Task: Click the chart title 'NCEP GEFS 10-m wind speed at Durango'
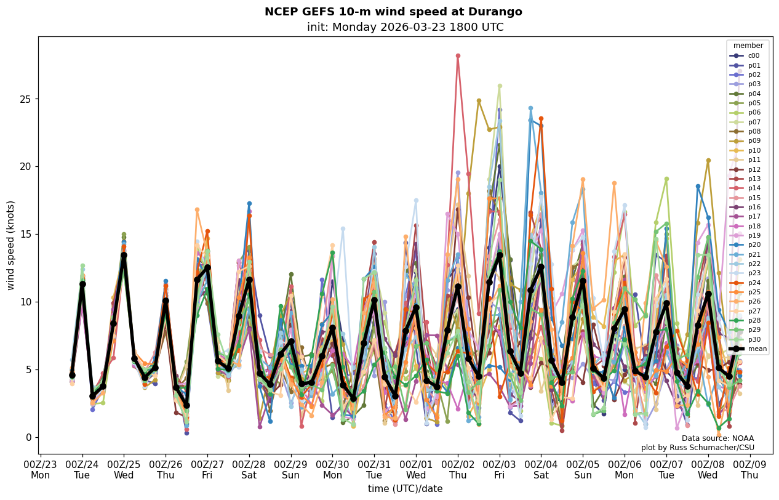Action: coord(393,12)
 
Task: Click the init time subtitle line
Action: coord(405,28)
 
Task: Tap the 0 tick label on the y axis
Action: coord(28,438)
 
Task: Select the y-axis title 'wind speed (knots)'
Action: coord(11,245)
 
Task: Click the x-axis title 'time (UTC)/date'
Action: coord(405,489)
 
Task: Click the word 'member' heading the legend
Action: coord(748,46)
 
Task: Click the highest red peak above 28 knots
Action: coord(458,56)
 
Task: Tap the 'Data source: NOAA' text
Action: coord(717,438)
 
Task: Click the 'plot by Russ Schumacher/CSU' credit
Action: coord(697,448)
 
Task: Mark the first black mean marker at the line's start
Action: coord(72,375)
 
